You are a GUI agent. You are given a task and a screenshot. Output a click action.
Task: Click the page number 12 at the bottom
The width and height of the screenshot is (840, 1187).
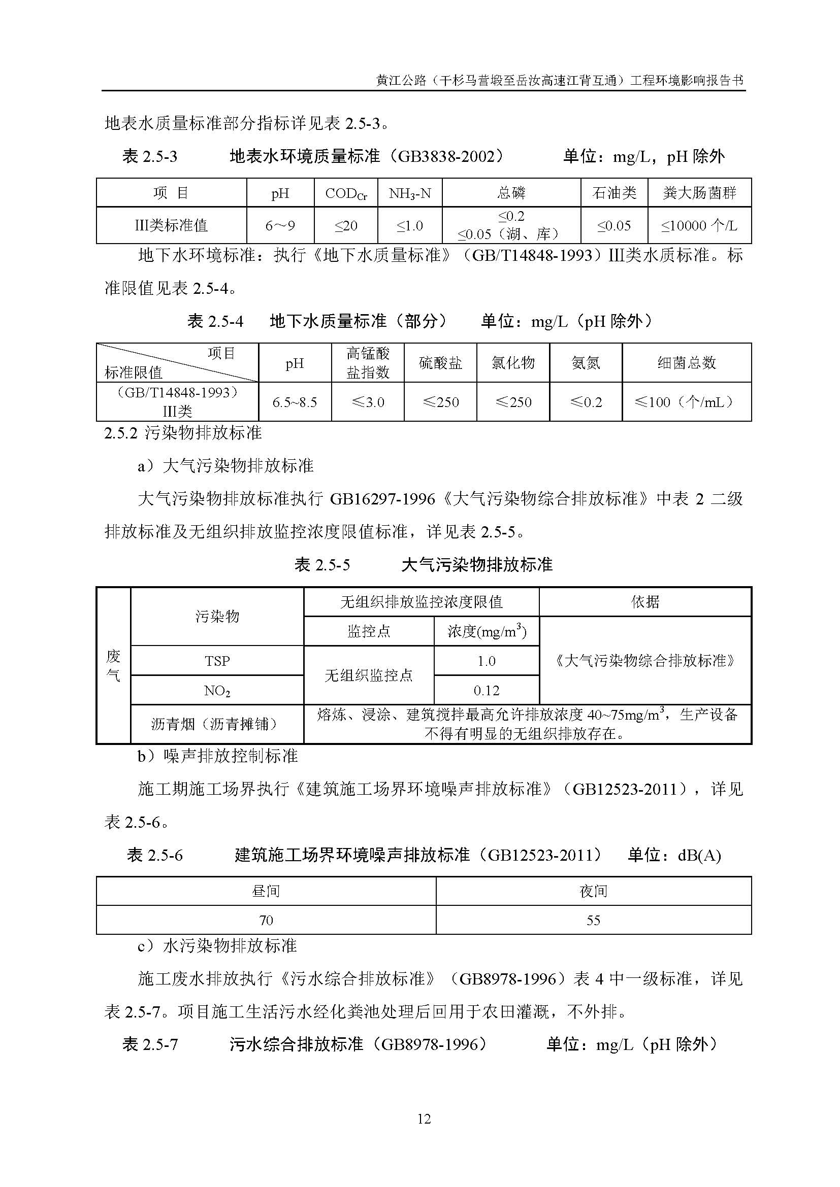click(424, 1119)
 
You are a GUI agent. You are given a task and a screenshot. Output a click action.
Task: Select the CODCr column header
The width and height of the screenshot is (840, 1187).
click(345, 193)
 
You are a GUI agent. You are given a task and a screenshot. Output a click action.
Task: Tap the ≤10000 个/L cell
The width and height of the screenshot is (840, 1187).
click(699, 225)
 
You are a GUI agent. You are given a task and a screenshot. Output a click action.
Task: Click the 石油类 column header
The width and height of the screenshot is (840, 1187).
click(614, 193)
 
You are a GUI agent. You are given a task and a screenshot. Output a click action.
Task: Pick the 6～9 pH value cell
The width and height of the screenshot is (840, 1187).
click(280, 225)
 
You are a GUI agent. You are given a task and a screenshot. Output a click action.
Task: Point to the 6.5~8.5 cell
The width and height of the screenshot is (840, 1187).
click(295, 402)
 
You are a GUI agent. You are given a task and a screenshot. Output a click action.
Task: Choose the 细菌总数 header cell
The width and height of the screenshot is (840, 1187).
click(687, 363)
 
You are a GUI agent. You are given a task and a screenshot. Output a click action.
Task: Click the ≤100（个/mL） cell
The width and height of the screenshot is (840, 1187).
click(687, 402)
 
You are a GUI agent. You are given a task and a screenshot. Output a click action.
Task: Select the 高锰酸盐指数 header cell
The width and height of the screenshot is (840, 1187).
click(368, 363)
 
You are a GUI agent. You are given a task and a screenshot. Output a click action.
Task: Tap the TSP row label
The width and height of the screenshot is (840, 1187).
click(217, 661)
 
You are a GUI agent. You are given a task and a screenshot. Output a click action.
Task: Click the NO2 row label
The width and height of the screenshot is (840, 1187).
click(217, 691)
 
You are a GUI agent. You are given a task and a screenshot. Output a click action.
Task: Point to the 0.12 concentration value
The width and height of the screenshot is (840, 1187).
click(486, 691)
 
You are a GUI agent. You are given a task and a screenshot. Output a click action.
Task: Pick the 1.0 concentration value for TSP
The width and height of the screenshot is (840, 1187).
click(486, 661)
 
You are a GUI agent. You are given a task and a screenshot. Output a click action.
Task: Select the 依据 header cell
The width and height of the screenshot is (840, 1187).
click(645, 602)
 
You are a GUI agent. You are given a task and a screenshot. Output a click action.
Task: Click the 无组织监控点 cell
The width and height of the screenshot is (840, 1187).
click(368, 675)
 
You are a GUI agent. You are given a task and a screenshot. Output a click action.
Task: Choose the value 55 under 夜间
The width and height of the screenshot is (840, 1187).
click(593, 920)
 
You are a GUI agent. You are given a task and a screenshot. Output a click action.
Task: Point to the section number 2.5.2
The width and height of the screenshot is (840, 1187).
click(120, 433)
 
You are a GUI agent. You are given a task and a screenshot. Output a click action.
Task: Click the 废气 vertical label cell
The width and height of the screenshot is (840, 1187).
click(113, 666)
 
